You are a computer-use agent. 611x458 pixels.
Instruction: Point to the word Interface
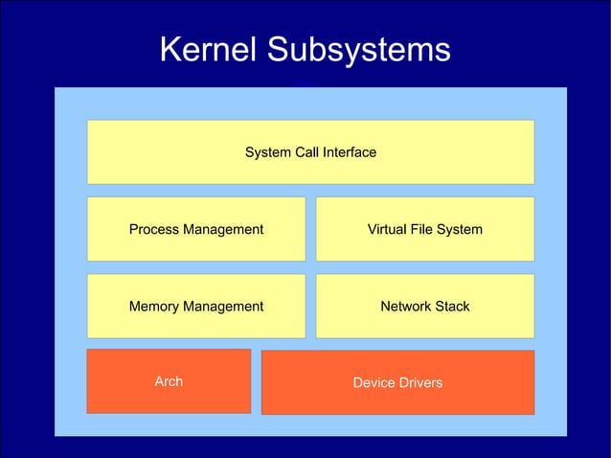(350, 152)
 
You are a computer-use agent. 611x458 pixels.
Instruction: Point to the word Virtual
(387, 230)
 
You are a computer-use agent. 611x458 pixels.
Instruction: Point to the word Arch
(169, 381)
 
